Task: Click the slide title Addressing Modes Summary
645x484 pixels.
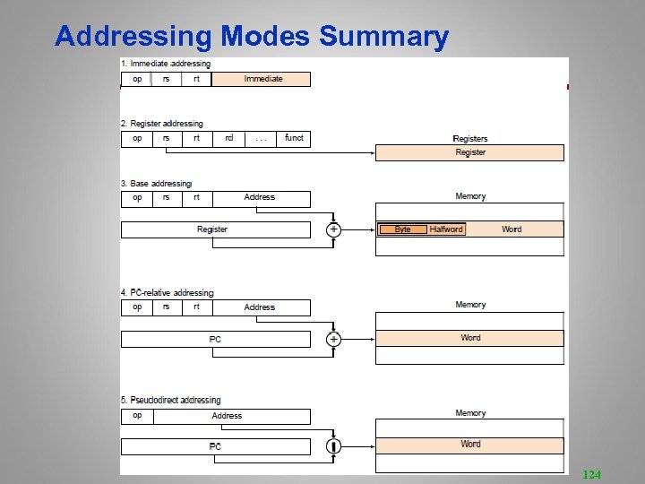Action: click(251, 37)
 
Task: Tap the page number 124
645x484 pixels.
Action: click(592, 473)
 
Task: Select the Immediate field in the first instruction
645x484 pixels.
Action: click(262, 79)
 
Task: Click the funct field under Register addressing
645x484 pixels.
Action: click(294, 138)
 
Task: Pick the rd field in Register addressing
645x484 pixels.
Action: click(229, 138)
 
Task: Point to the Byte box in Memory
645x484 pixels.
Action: click(402, 229)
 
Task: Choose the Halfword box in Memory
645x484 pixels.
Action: click(446, 229)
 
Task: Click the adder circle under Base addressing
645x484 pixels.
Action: click(333, 229)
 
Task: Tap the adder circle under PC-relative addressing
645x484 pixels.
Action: click(333, 339)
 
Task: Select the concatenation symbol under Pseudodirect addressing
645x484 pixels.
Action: click(333, 445)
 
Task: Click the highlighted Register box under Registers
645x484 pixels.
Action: click(469, 152)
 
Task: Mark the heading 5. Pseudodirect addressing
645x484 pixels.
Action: click(170, 400)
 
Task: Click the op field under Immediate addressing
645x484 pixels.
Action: click(137, 79)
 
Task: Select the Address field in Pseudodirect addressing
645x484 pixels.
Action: click(228, 416)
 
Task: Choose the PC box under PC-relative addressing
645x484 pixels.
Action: click(215, 339)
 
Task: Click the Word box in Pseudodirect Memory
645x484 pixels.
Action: click(470, 445)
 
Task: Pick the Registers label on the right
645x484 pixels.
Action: click(470, 139)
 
